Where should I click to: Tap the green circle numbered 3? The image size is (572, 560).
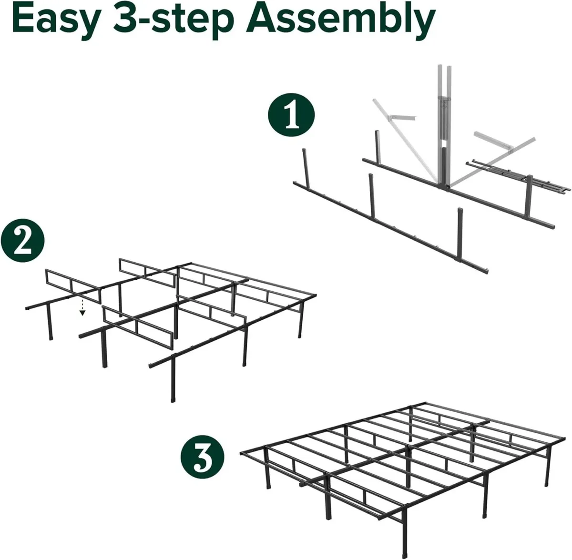203,455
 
